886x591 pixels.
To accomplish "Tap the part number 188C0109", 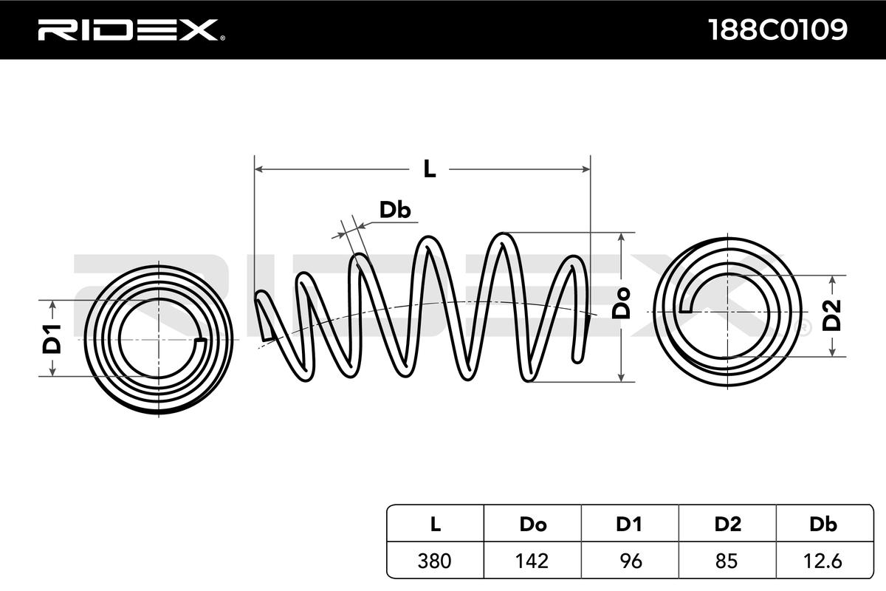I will (777, 30).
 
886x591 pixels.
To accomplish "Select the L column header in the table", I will (436, 525).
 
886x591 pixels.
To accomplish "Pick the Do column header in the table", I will (532, 525).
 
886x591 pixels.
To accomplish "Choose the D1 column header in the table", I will (629, 525).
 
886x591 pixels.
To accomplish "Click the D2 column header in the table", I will (727, 525).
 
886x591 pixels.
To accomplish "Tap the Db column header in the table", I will (823, 525).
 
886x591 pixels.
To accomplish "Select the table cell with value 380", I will (436, 561).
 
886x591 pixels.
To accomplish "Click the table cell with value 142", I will (532, 561).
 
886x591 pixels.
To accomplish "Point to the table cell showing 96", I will (629, 561).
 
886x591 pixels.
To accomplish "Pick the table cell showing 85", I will (727, 561).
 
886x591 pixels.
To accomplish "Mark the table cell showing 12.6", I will (823, 561).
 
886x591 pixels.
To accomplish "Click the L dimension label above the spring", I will (430, 169).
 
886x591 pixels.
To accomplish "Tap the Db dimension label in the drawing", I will (395, 211).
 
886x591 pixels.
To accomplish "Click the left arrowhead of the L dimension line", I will (259, 169).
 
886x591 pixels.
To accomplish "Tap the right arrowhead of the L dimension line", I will (586, 169).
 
